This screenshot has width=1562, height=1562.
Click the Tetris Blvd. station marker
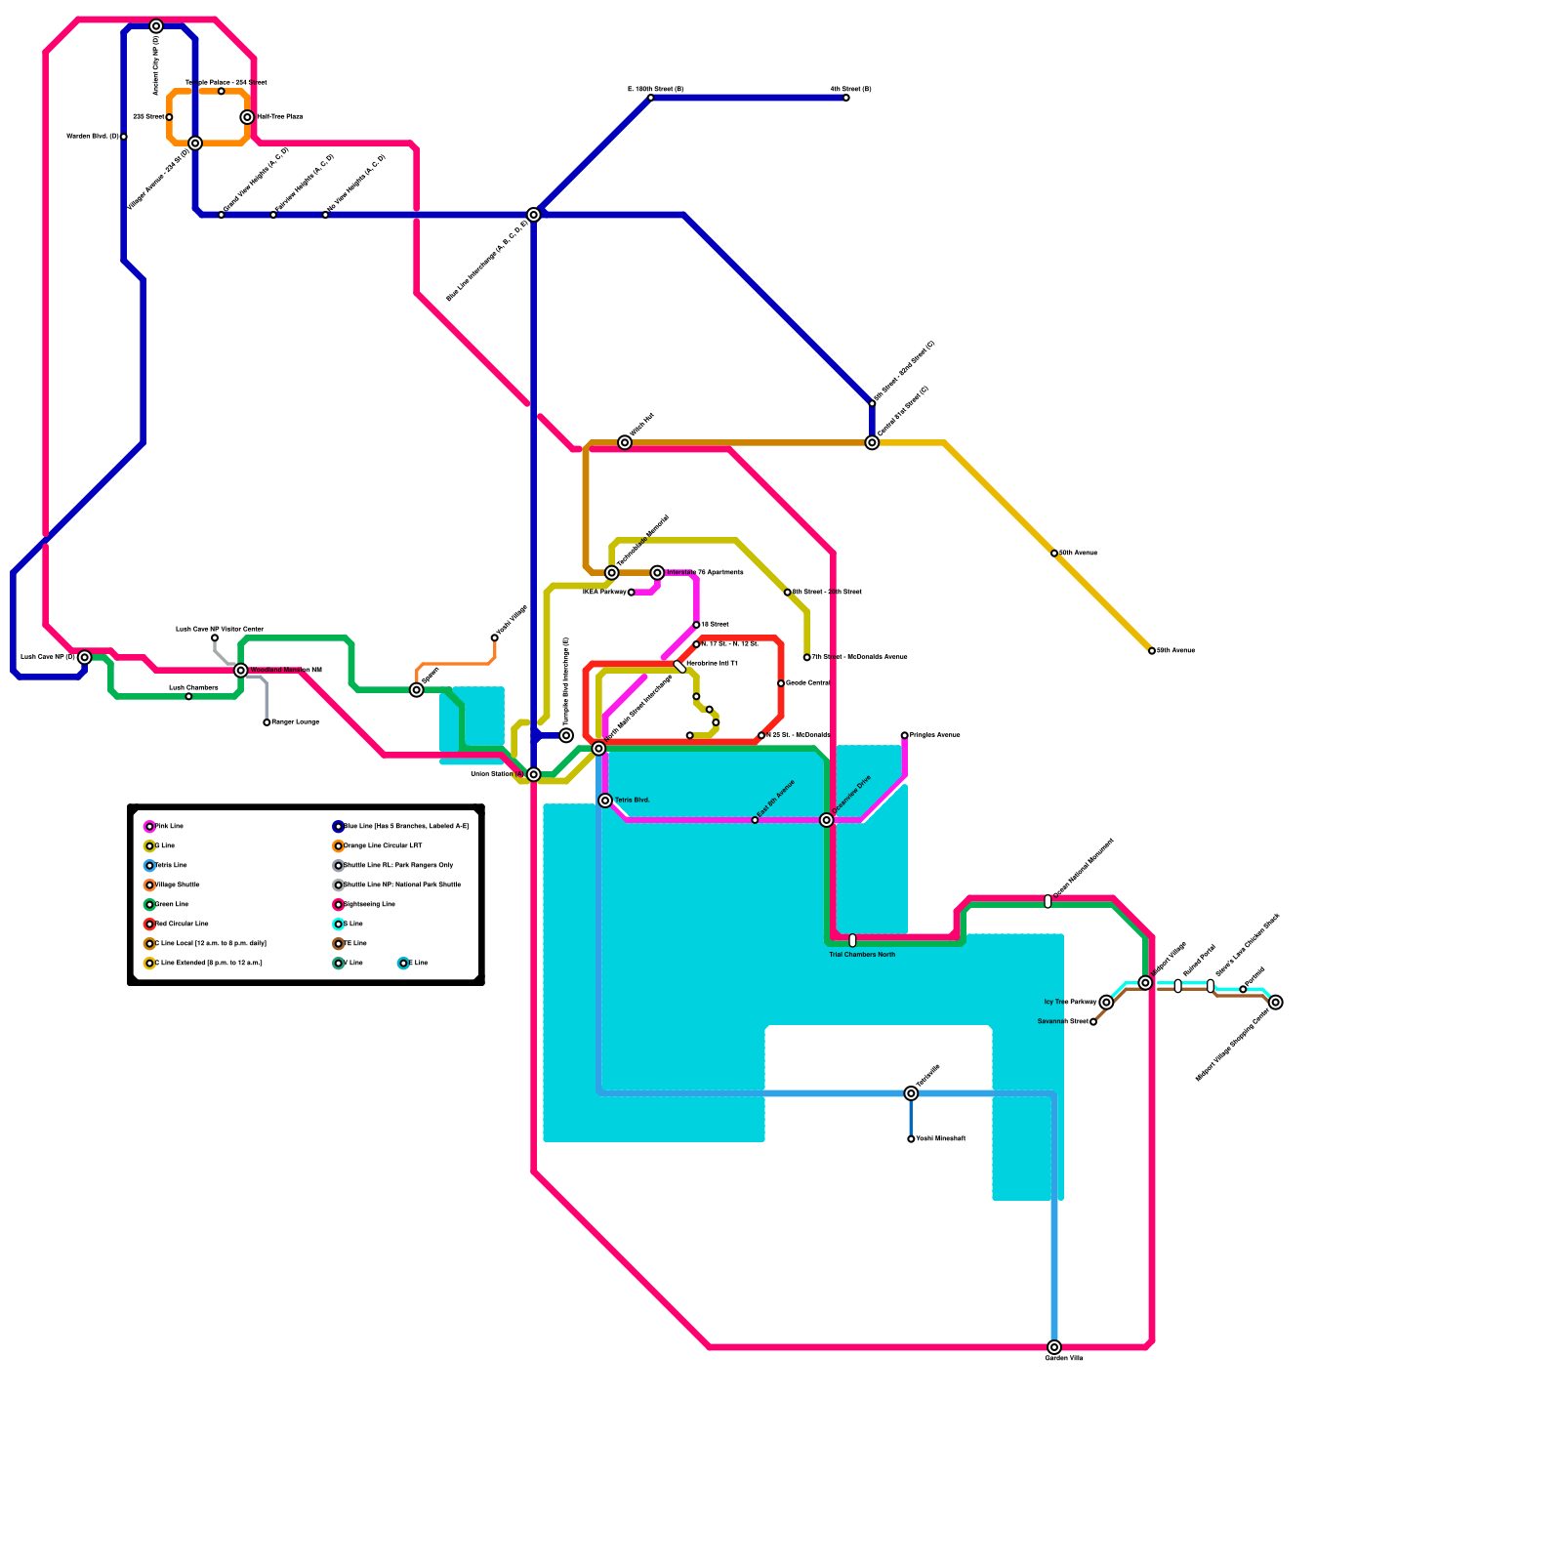tap(605, 801)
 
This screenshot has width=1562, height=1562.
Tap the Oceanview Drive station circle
tap(827, 820)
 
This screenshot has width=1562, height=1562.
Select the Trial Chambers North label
tap(862, 955)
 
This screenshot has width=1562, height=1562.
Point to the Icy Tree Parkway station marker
tap(1106, 1003)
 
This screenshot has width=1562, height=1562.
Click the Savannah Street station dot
tap(1093, 1022)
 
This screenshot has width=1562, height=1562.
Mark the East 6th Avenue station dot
tap(755, 820)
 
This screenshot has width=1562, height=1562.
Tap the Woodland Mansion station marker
tap(241, 671)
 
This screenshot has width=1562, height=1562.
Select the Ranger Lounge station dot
tap(267, 722)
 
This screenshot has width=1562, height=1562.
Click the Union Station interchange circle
tap(534, 774)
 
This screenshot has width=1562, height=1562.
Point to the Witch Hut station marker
tap(625, 443)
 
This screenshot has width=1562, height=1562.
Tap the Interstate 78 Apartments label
tap(705, 573)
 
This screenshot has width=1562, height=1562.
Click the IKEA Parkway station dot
tap(632, 593)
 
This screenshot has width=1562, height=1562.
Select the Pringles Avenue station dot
tap(905, 735)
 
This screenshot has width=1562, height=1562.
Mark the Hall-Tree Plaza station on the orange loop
tap(248, 117)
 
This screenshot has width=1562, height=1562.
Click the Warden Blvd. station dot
tap(124, 137)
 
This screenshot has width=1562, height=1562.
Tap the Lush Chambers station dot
tap(188, 697)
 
